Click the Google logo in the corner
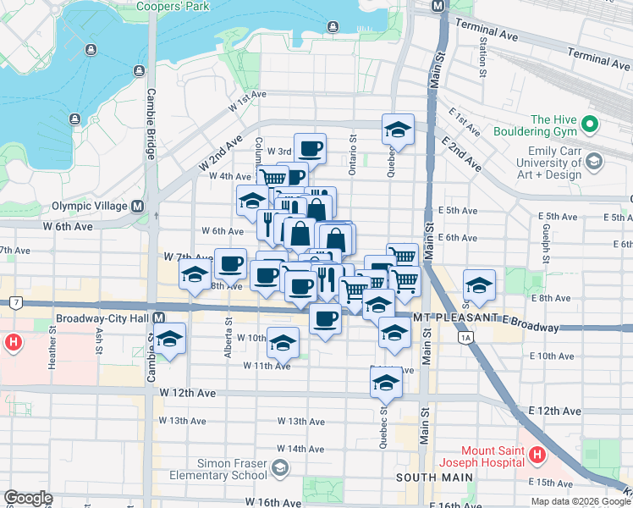[28, 498]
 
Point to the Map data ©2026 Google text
[581, 501]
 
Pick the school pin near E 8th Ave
[479, 286]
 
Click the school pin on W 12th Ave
[386, 383]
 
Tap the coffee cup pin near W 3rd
[310, 148]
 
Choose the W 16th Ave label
[276, 502]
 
